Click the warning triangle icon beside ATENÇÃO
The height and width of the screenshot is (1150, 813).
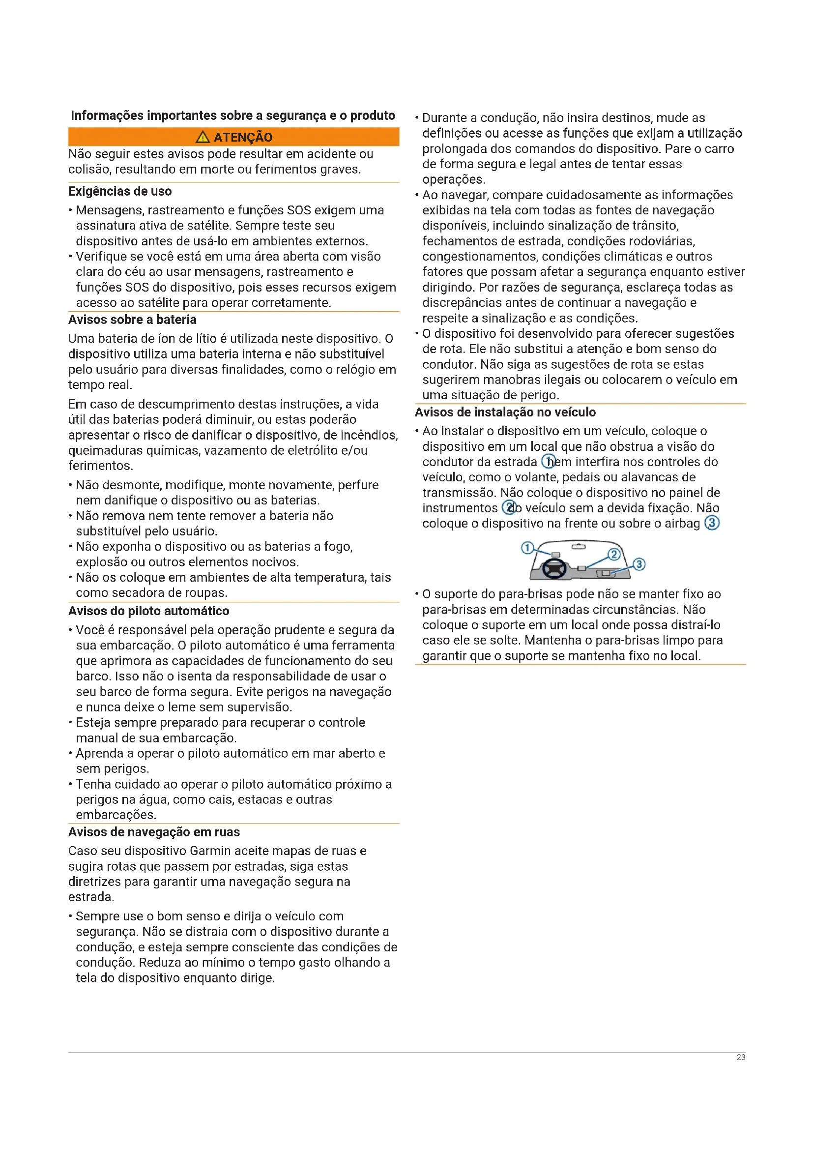pyautogui.click(x=203, y=137)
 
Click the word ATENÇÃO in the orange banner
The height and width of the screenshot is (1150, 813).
pyautogui.click(x=243, y=137)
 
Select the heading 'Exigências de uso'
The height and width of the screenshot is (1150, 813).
pyautogui.click(x=120, y=191)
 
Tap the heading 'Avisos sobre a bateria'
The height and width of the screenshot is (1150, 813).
pyautogui.click(x=132, y=320)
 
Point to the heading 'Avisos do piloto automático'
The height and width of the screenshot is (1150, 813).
pyautogui.click(x=148, y=611)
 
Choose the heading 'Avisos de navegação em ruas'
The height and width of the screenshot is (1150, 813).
pyautogui.click(x=154, y=832)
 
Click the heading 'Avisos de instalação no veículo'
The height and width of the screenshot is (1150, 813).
pyautogui.click(x=505, y=412)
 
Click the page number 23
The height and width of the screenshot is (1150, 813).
pyautogui.click(x=741, y=1058)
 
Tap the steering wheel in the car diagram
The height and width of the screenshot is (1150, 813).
pyautogui.click(x=554, y=568)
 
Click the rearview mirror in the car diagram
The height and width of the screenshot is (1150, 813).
pyautogui.click(x=579, y=547)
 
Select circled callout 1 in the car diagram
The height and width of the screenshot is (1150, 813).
pyautogui.click(x=527, y=547)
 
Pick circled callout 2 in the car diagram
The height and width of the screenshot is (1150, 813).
pyautogui.click(x=614, y=554)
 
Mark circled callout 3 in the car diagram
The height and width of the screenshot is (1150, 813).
pyautogui.click(x=639, y=564)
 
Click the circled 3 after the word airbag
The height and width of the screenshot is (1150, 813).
pyautogui.click(x=712, y=523)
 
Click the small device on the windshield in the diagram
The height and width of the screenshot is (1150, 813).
pyautogui.click(x=556, y=555)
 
